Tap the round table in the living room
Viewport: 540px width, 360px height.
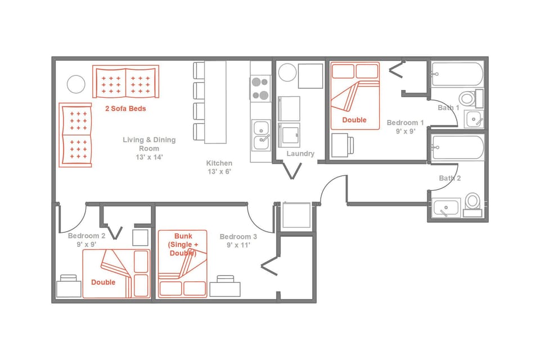[76, 85]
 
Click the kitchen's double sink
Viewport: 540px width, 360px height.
[261, 134]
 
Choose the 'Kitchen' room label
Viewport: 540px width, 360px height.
[219, 163]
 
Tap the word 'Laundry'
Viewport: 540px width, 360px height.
[300, 154]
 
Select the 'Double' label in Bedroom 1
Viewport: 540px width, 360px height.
[354, 120]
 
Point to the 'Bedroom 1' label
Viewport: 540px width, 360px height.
[405, 123]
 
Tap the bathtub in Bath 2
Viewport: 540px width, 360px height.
[457, 147]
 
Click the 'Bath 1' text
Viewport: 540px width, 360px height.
[449, 107]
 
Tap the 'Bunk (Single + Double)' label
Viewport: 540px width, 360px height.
[183, 245]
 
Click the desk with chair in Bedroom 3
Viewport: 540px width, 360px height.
[224, 287]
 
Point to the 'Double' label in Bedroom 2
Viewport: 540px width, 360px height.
[103, 282]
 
